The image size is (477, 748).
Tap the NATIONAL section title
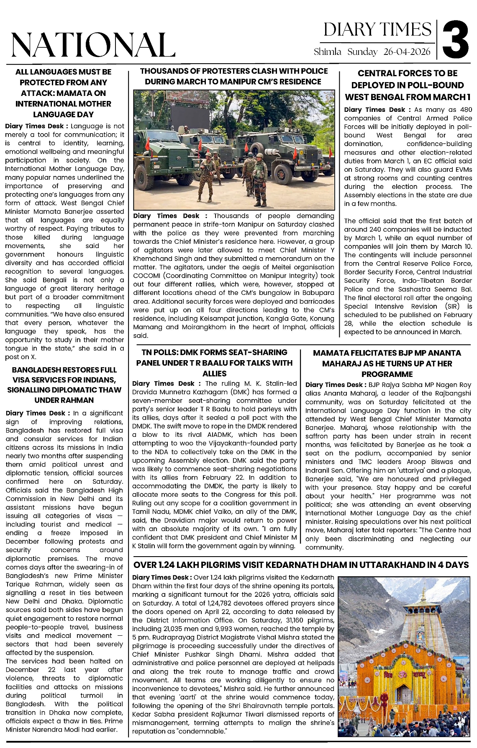pyautogui.click(x=93, y=45)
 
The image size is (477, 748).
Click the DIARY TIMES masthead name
pyautogui.click(x=377, y=30)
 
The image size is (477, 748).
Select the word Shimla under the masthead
pyautogui.click(x=327, y=52)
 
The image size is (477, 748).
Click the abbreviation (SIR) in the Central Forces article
pyautogui.click(x=452, y=307)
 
